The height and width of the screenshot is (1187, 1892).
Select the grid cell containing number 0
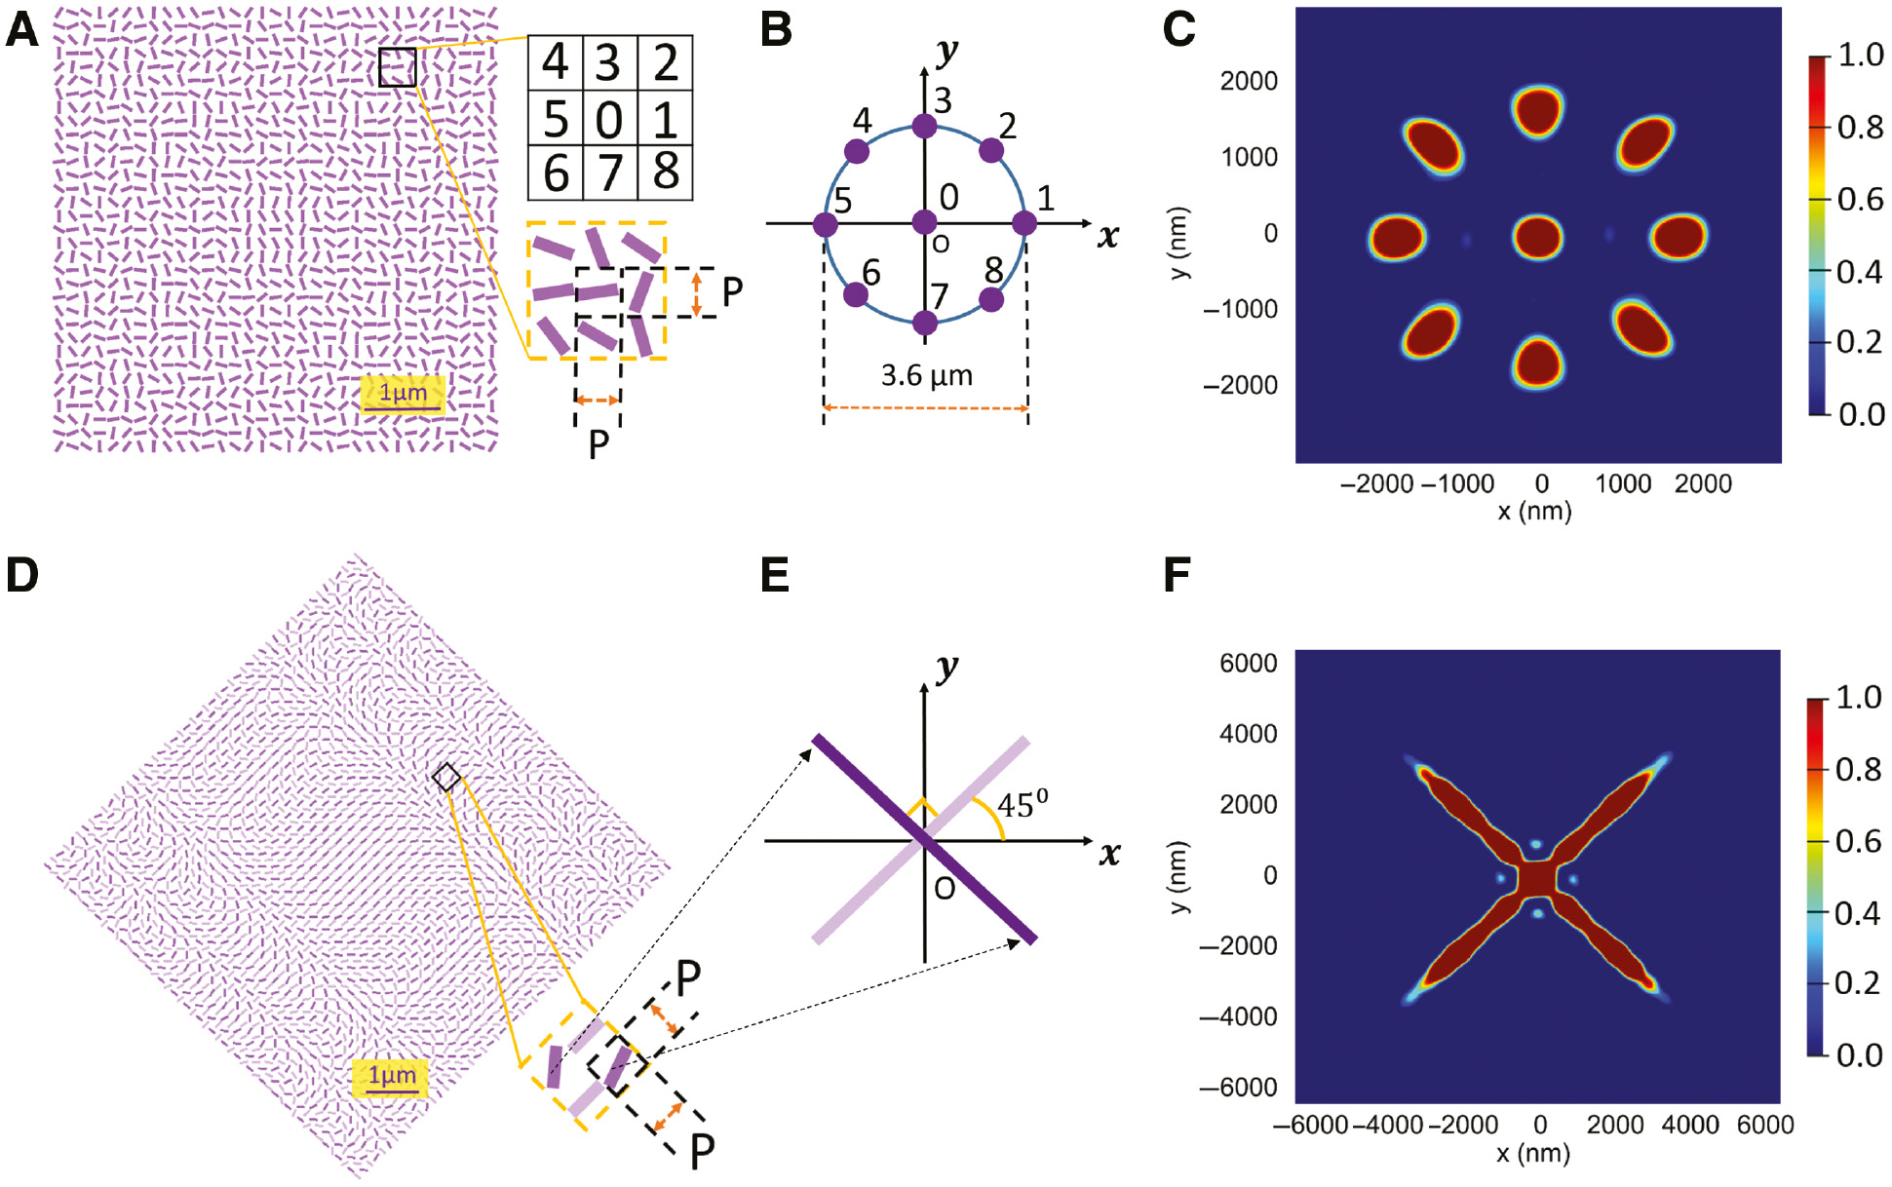(x=609, y=119)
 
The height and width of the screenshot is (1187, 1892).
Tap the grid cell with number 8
(x=666, y=172)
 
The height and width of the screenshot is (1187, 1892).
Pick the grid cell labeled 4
(x=555, y=63)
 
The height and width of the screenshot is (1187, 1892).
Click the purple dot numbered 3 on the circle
(x=924, y=126)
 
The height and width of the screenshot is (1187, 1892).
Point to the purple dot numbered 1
(x=1023, y=223)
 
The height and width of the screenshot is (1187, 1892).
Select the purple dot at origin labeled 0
(x=924, y=223)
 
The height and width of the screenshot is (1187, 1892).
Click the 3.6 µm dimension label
(x=926, y=375)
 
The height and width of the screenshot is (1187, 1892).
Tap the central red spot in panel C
(x=1537, y=237)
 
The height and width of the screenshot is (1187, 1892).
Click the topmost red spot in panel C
(x=1537, y=110)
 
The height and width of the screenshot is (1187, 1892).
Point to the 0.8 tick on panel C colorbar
(x=1859, y=127)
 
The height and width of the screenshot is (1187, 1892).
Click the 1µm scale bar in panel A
(x=403, y=395)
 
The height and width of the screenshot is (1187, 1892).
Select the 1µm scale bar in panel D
(x=391, y=1078)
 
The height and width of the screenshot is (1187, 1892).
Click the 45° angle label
(x=1022, y=805)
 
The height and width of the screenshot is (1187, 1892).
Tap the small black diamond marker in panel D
(x=446, y=777)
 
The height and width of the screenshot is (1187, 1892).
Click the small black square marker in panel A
(x=398, y=67)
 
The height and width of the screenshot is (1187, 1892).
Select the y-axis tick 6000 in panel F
(x=1248, y=664)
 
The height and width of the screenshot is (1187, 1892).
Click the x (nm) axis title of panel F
(x=1533, y=1154)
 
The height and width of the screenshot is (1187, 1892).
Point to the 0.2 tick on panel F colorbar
(x=1856, y=982)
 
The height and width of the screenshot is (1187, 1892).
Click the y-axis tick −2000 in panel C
(x=1240, y=385)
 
